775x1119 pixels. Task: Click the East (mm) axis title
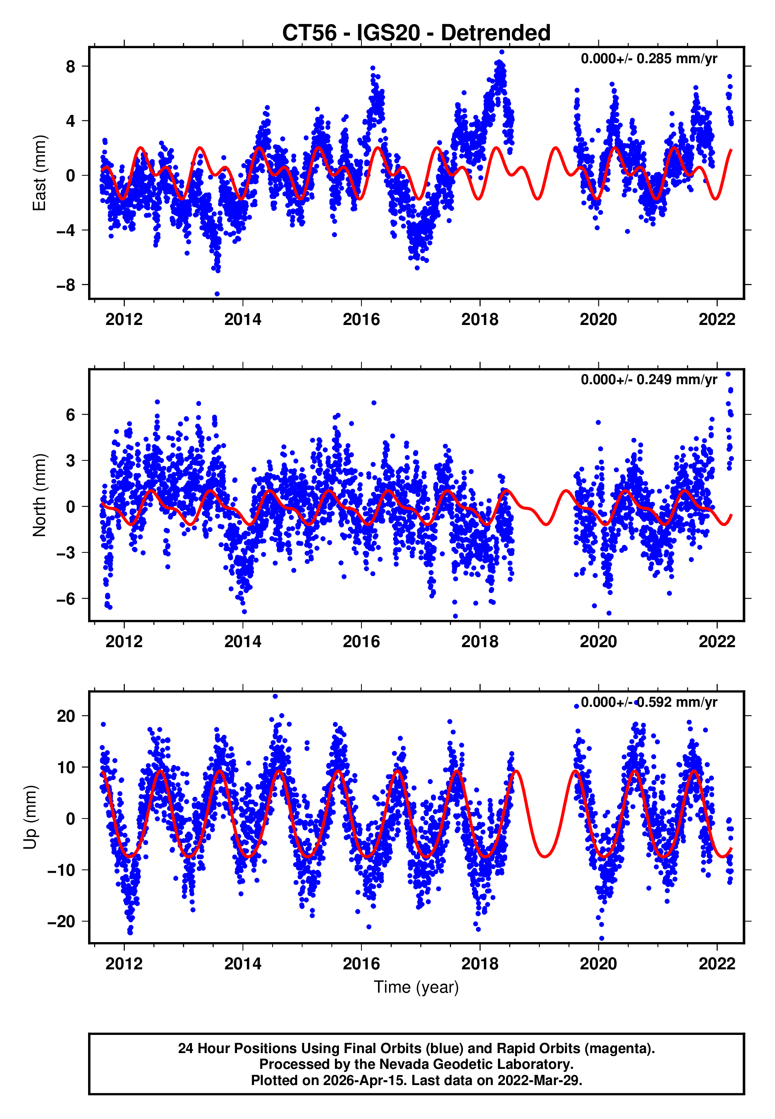coord(39,173)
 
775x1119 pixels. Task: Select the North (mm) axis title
coord(39,495)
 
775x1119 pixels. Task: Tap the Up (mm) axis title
coord(30,817)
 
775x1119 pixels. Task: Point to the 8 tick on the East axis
coord(70,66)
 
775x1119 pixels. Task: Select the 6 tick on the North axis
coord(70,415)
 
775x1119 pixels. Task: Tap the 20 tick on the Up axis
coord(66,716)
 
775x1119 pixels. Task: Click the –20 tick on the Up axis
coord(61,922)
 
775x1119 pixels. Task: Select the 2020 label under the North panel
coord(598,642)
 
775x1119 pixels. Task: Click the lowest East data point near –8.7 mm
coord(217,294)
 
